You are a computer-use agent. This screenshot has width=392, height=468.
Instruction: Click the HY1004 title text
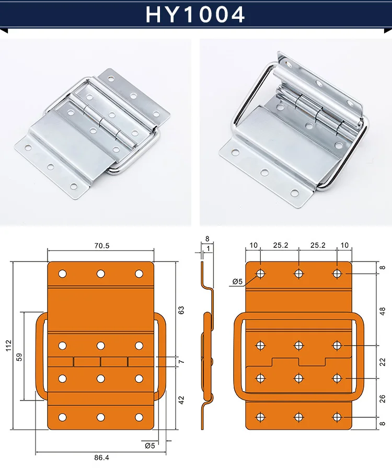195,15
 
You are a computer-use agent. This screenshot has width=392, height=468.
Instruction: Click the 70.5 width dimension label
102,246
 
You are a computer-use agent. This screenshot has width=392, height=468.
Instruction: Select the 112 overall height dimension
9,345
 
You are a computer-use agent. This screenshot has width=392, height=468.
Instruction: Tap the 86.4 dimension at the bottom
101,457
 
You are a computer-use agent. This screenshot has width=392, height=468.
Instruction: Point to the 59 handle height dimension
19,357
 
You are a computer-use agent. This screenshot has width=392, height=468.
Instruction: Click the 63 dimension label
181,310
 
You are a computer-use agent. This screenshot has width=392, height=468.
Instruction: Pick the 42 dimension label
181,400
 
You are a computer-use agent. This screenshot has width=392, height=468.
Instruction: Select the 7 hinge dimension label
181,361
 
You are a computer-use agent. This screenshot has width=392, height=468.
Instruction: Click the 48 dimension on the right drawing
383,311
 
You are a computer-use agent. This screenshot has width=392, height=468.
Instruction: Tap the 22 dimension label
383,362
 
